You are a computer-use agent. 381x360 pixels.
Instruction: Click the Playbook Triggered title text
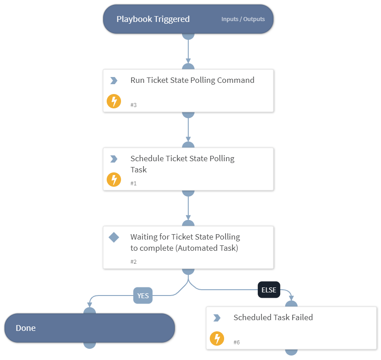coord(153,19)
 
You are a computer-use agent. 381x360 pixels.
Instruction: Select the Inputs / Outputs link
coord(243,19)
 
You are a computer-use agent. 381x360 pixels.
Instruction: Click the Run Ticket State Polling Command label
coord(192,81)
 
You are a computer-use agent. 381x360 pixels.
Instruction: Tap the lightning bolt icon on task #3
coord(114,101)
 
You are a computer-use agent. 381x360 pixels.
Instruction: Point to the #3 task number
coord(134,105)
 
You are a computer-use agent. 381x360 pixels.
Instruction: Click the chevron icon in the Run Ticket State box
coord(114,81)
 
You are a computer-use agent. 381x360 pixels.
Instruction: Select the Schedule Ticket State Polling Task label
coord(182,164)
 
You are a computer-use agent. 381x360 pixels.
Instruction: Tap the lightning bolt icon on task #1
coord(114,180)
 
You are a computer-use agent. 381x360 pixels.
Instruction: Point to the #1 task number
coord(134,183)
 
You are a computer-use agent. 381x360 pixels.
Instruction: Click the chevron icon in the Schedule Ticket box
coord(114,159)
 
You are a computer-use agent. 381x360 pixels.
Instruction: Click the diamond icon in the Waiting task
coord(114,237)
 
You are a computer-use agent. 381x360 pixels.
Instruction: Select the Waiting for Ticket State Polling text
coord(185,242)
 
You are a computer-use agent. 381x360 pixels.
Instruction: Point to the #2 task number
coord(134,261)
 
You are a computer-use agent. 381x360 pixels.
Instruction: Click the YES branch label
coord(143,296)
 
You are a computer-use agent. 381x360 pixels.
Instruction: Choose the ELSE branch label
coord(268,290)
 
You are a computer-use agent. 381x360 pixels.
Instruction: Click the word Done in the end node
coord(26,328)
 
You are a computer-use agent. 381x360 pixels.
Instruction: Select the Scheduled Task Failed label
coord(273,317)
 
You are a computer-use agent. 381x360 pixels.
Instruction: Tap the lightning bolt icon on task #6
coord(217,339)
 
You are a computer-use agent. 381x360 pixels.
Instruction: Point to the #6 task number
coord(237,342)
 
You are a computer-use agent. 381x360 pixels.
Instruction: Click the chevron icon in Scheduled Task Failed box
coord(217,318)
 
